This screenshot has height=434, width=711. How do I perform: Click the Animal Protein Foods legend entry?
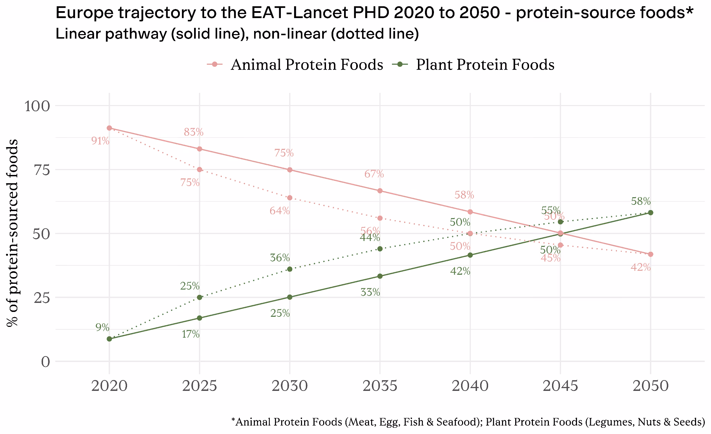[x=295, y=65]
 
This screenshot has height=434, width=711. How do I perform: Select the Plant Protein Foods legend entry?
[x=473, y=65]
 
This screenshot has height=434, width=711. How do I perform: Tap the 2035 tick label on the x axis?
[x=380, y=386]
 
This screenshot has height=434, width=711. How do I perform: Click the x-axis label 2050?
[x=651, y=386]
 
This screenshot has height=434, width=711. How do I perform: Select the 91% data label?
[x=100, y=141]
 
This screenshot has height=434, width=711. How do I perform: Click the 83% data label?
[x=193, y=132]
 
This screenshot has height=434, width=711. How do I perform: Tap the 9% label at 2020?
[x=102, y=328]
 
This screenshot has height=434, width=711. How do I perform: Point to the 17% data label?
[x=191, y=335]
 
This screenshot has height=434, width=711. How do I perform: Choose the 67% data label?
[x=374, y=174]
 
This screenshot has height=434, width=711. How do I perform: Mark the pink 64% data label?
[x=280, y=211]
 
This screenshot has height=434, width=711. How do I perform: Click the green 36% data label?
[x=280, y=258]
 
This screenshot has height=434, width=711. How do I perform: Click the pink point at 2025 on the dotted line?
[x=200, y=170]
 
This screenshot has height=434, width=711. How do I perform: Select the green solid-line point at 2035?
[x=380, y=276]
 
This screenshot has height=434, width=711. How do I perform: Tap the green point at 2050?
[x=651, y=213]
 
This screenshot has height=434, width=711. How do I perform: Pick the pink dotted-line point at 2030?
[x=290, y=198]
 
